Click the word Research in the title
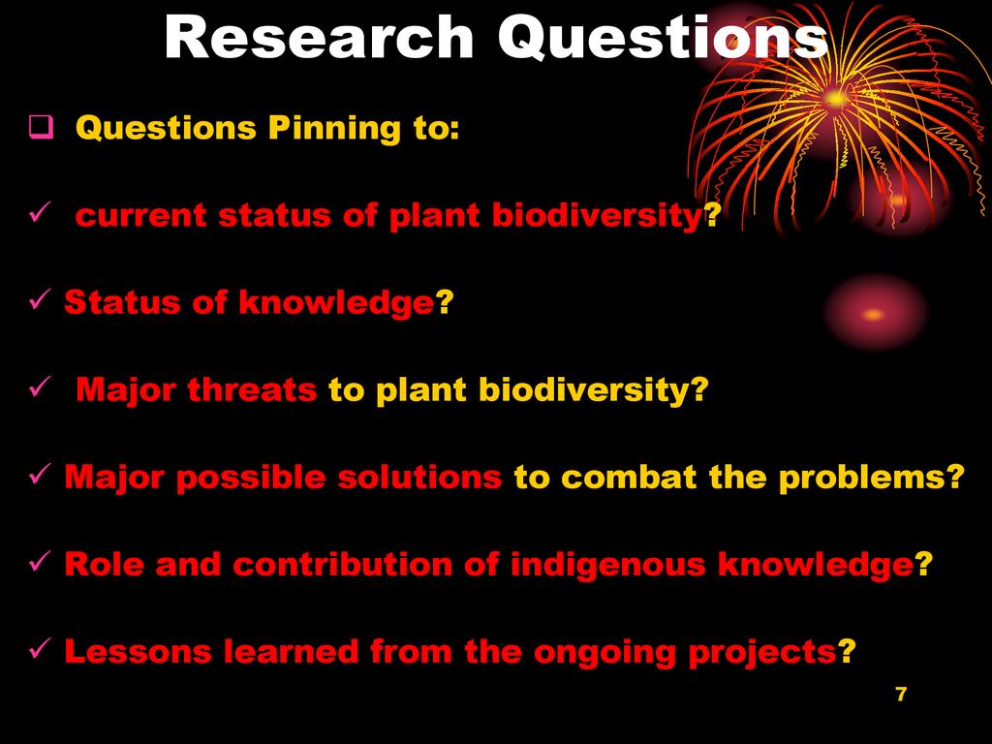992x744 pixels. tap(320, 37)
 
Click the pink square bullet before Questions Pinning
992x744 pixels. tap(41, 127)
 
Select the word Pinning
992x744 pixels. tap(334, 129)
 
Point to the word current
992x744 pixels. tap(140, 216)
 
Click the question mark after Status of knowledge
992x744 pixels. tap(445, 302)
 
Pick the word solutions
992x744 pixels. tap(419, 477)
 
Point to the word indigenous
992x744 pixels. tap(607, 565)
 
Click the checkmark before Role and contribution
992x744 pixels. tap(39, 561)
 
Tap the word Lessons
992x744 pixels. tap(138, 652)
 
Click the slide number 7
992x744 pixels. tap(902, 694)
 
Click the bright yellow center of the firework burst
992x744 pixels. tap(836, 98)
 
